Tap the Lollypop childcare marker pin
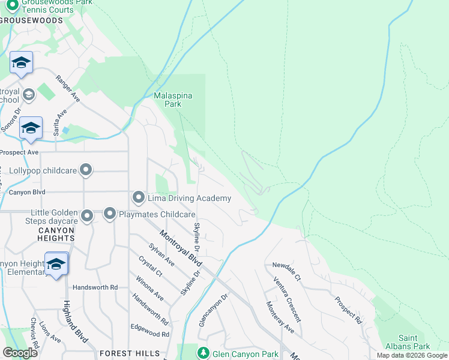click(x=86, y=170)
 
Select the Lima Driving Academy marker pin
click(x=139, y=198)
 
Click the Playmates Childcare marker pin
click(x=110, y=214)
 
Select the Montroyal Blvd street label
click(x=180, y=248)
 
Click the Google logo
click(x=20, y=353)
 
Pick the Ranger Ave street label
click(x=68, y=88)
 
